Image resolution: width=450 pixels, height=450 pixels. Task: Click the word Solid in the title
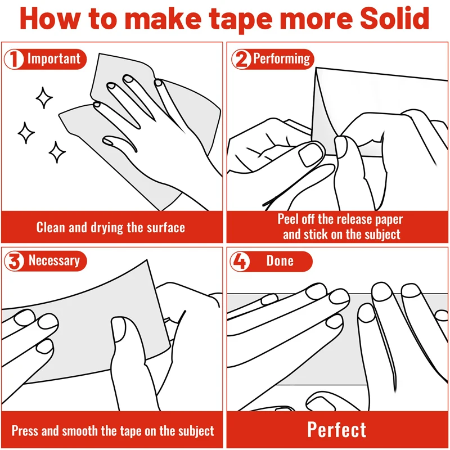(395, 18)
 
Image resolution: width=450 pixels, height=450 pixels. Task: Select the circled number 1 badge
(13, 59)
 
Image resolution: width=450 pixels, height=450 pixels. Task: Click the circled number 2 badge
(241, 59)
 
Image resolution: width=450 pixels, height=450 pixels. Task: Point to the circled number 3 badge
(13, 261)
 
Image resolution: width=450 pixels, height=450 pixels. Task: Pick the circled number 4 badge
(240, 261)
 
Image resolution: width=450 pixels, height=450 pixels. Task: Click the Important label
(54, 59)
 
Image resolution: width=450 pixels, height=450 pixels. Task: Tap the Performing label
(282, 59)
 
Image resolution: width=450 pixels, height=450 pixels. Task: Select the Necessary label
(54, 261)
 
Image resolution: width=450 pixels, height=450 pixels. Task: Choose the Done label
(280, 261)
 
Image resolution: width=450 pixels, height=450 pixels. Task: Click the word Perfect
(336, 430)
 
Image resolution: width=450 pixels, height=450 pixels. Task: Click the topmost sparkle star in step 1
(44, 98)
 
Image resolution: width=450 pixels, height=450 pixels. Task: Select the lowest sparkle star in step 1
(57, 152)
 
